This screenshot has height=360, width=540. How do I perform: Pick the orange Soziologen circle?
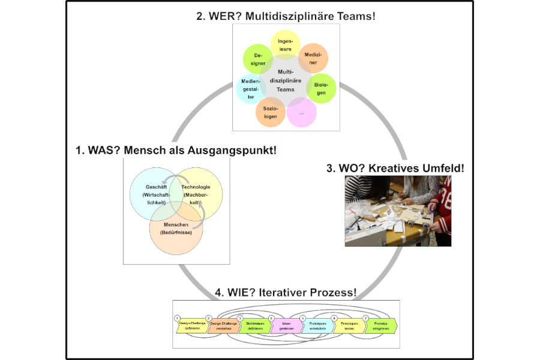tap(270, 112)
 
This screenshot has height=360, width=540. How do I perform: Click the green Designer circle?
tap(258, 59)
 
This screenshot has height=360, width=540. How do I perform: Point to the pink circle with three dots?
tap(301, 113)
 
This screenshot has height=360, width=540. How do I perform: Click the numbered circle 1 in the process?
tap(177, 317)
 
